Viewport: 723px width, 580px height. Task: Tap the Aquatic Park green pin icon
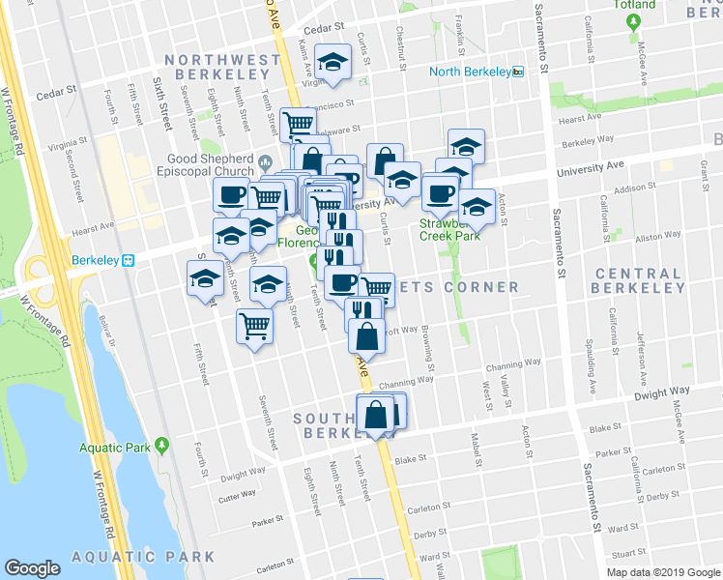pyautogui.click(x=161, y=447)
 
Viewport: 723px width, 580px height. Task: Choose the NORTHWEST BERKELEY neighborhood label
pyautogui.click(x=229, y=69)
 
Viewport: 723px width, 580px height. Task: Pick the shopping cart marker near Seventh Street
pyautogui.click(x=254, y=326)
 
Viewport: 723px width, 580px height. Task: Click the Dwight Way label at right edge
pyautogui.click(x=662, y=391)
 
